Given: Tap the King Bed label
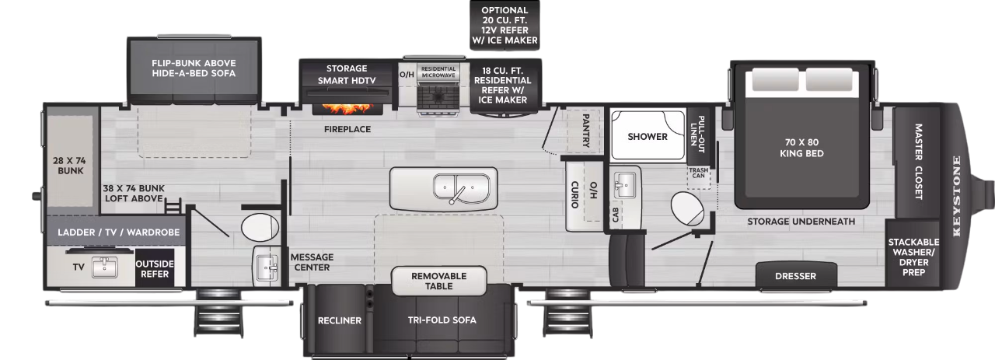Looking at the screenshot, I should click(x=802, y=148).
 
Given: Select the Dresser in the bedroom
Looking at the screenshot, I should click(x=796, y=276).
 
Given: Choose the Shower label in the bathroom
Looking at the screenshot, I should click(x=648, y=137).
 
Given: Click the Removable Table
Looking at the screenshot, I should click(x=439, y=281).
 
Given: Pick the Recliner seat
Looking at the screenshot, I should click(x=339, y=320).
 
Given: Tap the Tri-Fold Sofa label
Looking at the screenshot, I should click(x=442, y=320).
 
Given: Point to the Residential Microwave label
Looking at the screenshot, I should click(x=438, y=71).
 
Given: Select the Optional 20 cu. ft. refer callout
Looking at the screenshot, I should click(x=504, y=25).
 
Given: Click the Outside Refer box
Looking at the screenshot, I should click(x=155, y=268).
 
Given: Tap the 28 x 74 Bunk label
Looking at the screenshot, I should click(x=70, y=164).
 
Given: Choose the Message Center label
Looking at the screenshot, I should click(x=312, y=262).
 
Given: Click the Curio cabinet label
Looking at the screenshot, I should click(x=574, y=194).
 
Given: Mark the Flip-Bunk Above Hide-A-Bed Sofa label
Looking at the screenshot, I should click(x=194, y=68).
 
